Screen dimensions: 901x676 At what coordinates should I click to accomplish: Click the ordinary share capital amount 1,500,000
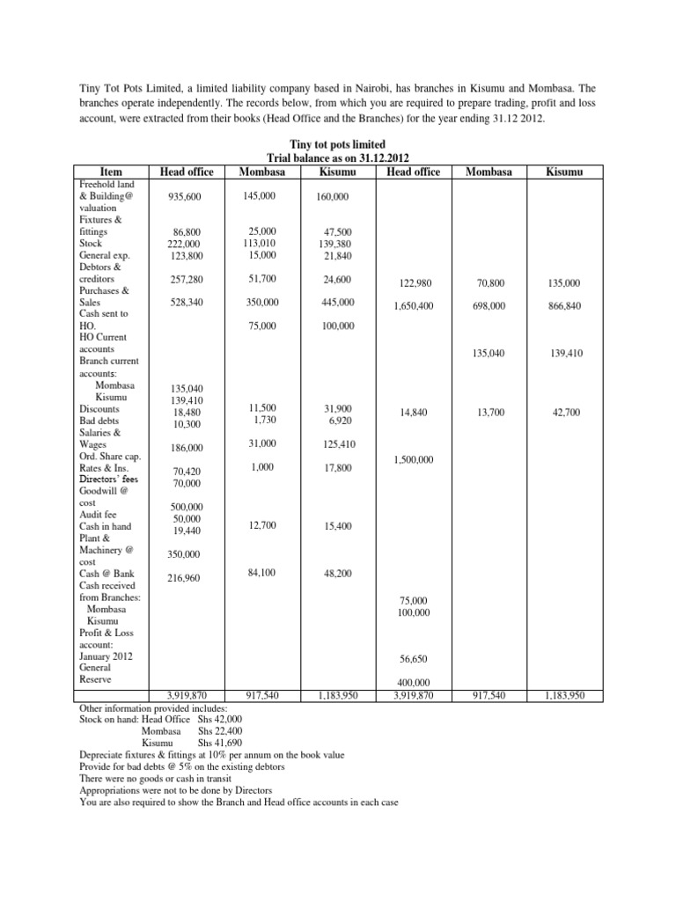(x=415, y=460)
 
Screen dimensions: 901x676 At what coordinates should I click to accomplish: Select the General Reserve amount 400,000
(x=415, y=683)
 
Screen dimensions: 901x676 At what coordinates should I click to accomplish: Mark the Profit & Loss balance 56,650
(x=415, y=658)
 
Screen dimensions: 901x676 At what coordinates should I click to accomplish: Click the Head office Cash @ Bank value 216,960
(x=187, y=579)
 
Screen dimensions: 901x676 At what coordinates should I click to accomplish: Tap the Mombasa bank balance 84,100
(x=263, y=573)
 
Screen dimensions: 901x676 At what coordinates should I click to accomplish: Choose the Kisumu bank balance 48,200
(x=339, y=574)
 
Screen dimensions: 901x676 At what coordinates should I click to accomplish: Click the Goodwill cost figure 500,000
(x=187, y=507)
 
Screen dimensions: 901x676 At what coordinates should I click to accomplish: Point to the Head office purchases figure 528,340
(x=187, y=302)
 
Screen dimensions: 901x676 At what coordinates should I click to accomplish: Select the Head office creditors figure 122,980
(x=415, y=283)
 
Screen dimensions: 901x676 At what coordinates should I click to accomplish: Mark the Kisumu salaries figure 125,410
(x=339, y=444)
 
